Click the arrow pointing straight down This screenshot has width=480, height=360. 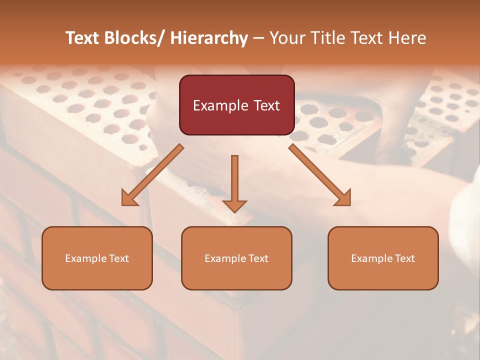[x=234, y=182]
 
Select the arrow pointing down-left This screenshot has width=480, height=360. [x=152, y=175]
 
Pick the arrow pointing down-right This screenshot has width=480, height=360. [x=320, y=175]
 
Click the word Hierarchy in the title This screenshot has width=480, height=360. [x=209, y=38]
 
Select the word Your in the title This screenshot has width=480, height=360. [x=287, y=38]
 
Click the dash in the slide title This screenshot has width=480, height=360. [x=258, y=38]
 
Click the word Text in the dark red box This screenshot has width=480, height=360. [x=267, y=105]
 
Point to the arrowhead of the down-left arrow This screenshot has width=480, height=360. [x=128, y=199]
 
